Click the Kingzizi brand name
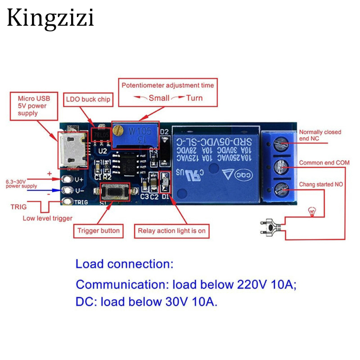[50, 19]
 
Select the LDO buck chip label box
[88, 99]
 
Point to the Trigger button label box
[99, 231]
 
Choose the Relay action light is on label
[171, 231]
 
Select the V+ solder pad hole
[68, 179]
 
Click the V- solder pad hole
[68, 190]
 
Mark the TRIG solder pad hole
[68, 202]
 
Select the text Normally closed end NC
[320, 135]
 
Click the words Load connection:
[124, 264]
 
